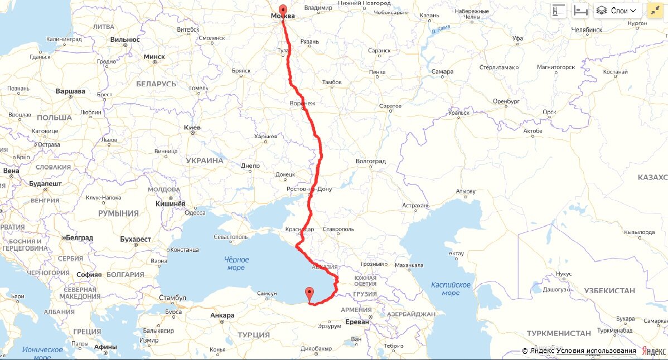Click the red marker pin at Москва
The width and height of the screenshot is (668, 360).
point(283,11)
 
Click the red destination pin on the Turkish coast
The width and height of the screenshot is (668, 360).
point(309,292)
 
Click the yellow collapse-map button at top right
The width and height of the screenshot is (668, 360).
point(654,11)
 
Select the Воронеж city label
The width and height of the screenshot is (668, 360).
point(303,104)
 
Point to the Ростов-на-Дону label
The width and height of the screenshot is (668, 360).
point(309,189)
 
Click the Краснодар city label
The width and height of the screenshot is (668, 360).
point(299,230)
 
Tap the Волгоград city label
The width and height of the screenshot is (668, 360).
point(371,162)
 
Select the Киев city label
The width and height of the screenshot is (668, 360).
point(192,128)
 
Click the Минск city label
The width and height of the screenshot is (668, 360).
point(154,56)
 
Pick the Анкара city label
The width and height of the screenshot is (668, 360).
point(222,315)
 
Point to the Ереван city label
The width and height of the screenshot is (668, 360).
point(357,322)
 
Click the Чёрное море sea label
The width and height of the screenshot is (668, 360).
point(235,263)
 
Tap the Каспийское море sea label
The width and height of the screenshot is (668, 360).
point(451,289)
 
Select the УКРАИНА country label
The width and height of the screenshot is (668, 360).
point(204,160)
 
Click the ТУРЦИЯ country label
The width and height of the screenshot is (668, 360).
point(254,335)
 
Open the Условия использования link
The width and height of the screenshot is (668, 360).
point(596,351)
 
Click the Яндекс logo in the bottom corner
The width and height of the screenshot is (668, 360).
point(654,351)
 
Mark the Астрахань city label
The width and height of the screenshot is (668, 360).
point(417,206)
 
